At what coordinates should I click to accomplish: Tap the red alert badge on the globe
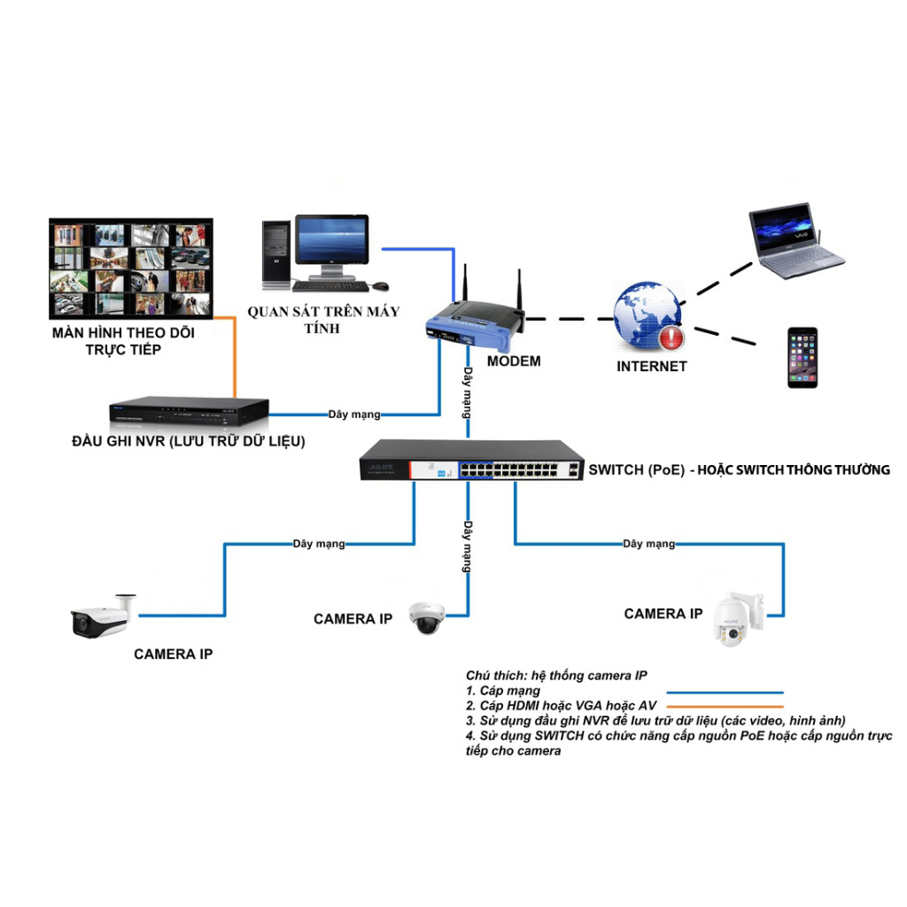(x=671, y=337)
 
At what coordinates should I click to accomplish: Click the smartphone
(x=802, y=357)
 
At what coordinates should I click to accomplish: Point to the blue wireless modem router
(x=473, y=322)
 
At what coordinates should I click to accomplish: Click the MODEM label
(x=514, y=361)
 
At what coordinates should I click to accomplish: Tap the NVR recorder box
(x=188, y=410)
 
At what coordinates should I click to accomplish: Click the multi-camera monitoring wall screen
(x=131, y=269)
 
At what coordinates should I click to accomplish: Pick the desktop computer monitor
(x=331, y=242)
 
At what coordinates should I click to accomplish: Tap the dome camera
(x=425, y=617)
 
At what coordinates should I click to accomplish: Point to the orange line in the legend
(x=725, y=706)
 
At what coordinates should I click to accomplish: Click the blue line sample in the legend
(x=725, y=692)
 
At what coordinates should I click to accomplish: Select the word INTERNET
(x=652, y=366)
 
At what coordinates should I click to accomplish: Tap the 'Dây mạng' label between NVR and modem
(x=354, y=414)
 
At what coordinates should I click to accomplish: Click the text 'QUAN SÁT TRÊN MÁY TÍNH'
(x=322, y=320)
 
